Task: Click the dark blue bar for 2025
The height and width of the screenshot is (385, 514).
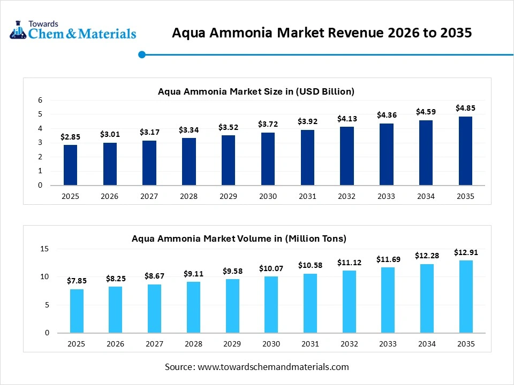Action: coord(70,165)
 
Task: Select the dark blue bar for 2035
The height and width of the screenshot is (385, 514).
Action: coord(465,151)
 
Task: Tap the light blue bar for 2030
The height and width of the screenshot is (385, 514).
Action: coord(270,305)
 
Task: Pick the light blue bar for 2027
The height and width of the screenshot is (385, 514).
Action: coord(154,309)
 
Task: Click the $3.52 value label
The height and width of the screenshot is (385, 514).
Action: coord(228,127)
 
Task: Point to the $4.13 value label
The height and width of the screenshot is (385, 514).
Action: coord(346,118)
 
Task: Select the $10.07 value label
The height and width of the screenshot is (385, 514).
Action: coord(270,268)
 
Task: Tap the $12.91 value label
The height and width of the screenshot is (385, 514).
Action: coord(465,252)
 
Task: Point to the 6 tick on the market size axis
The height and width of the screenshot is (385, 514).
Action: coord(40,100)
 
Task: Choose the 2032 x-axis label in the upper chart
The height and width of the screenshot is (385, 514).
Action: coord(346,196)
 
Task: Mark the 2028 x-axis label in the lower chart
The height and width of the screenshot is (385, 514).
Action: coord(193,344)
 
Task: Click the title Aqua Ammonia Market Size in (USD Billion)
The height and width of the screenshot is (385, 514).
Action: coord(256,91)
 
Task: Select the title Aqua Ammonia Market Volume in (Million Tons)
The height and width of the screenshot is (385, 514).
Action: coord(239,238)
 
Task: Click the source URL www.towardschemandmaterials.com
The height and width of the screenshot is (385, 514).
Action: coord(273,367)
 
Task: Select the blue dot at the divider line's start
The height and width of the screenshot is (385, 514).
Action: coord(142,54)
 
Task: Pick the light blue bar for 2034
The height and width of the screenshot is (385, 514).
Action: coord(426,298)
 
